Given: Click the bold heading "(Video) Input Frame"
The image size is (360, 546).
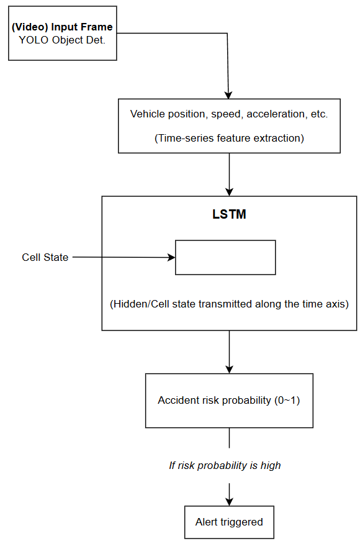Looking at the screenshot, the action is click(62, 27).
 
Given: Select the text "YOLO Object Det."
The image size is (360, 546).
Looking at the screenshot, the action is click(62, 40).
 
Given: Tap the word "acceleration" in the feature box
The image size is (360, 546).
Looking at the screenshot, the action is click(276, 114).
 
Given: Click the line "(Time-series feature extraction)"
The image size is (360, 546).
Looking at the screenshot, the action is click(229, 139).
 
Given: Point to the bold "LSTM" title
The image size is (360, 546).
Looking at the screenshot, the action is click(229, 214).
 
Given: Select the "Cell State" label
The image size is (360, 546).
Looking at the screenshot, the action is click(45, 257).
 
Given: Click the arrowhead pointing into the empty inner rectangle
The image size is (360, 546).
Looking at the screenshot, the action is click(171, 258).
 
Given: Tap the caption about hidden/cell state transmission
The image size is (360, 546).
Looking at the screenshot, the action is click(229, 304).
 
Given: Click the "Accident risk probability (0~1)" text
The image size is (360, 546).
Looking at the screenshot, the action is click(229, 400).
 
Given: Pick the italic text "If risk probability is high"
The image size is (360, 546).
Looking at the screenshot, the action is click(225, 466).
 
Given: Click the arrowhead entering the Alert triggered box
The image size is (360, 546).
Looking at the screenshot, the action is click(229, 502).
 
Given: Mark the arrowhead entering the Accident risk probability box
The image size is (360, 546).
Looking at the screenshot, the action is click(229, 370).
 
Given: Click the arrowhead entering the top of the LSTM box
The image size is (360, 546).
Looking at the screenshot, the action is click(229, 192).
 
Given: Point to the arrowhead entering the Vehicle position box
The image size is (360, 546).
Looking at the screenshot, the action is click(228, 95).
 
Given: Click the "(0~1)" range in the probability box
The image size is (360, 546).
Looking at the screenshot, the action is click(287, 400).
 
